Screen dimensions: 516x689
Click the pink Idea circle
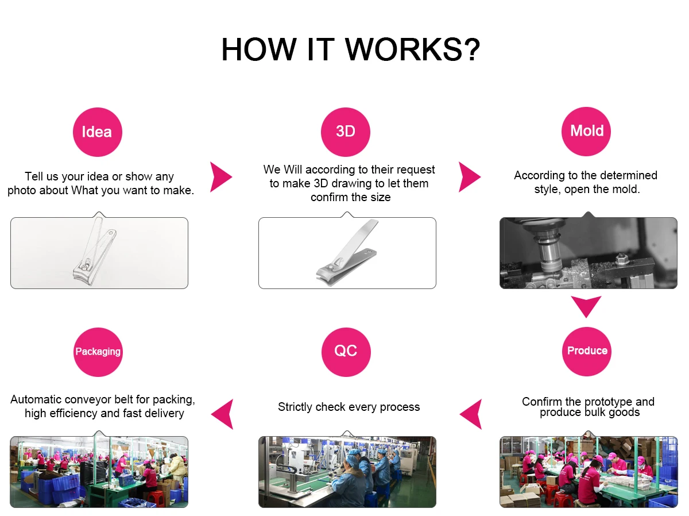[x=97, y=132]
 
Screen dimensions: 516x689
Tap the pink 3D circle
[x=346, y=131]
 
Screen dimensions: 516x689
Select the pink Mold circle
[x=586, y=131]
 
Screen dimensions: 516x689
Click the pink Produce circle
[x=587, y=351]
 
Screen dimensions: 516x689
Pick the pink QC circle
[x=346, y=351]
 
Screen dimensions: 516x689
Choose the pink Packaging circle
[x=98, y=352]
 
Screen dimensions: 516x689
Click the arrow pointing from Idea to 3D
[x=220, y=177]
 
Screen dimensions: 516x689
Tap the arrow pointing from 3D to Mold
[x=469, y=177]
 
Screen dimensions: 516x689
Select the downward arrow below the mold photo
[x=586, y=306]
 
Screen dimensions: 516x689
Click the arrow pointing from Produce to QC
[x=471, y=414]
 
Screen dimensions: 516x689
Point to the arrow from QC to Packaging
[x=223, y=414]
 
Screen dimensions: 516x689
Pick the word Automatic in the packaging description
[x=36, y=399]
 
